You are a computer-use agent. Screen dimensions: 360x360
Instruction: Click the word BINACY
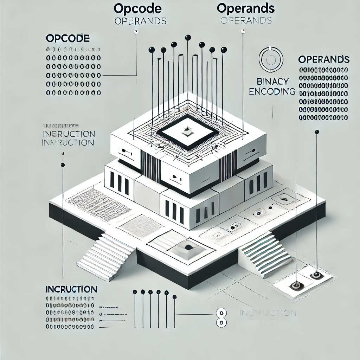coord(273,82)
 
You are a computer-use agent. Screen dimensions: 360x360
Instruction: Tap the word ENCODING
coord(272,91)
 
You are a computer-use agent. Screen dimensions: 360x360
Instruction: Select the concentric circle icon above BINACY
coord(270,59)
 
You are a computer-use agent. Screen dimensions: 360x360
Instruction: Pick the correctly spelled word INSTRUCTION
coord(67,143)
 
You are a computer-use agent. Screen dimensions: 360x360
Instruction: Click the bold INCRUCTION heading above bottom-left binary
coord(71,289)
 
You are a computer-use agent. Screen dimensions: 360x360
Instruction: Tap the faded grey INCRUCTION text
coord(267,313)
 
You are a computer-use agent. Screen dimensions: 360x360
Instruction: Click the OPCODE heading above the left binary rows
coord(68,38)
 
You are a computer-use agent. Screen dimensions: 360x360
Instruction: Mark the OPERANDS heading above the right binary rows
coord(323,59)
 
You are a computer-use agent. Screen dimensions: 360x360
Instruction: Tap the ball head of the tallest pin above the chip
coord(188,37)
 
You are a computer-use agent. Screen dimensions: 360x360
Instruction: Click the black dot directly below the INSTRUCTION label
coord(63,165)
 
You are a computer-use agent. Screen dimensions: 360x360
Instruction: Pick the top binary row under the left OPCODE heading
coord(73,50)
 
